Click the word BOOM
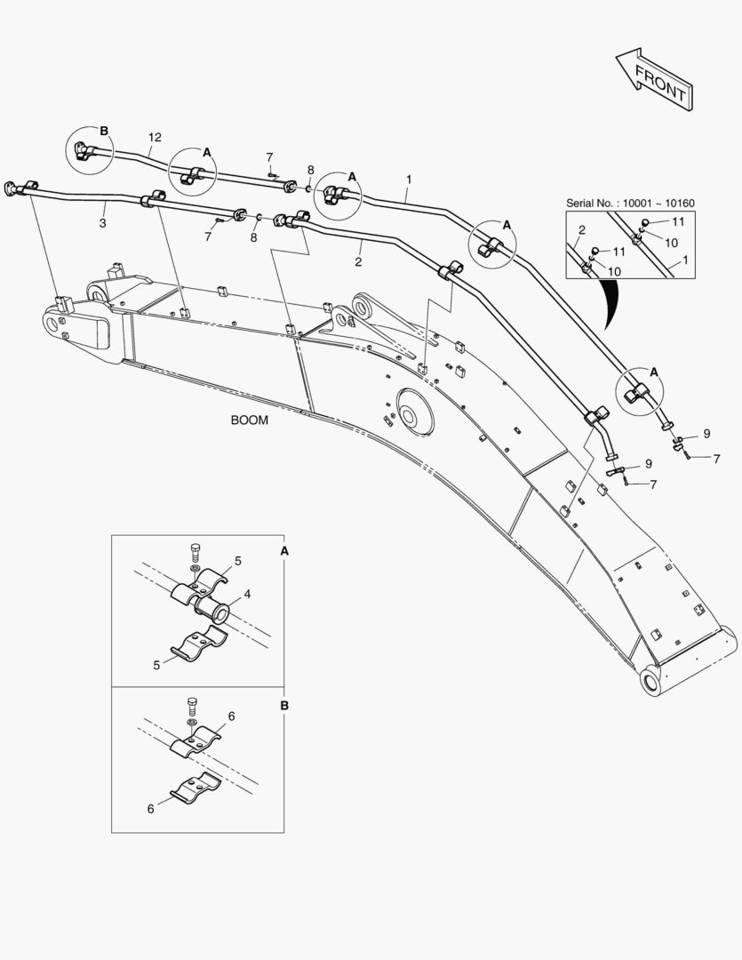[x=249, y=420]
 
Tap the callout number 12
[x=156, y=138]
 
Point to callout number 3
[x=103, y=223]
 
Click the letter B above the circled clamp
[x=104, y=132]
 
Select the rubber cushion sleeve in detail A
[x=213, y=612]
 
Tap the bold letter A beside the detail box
[x=284, y=551]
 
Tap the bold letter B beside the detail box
[x=284, y=705]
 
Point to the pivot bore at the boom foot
[x=653, y=683]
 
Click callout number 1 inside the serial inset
[x=685, y=264]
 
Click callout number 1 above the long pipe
[x=408, y=180]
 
